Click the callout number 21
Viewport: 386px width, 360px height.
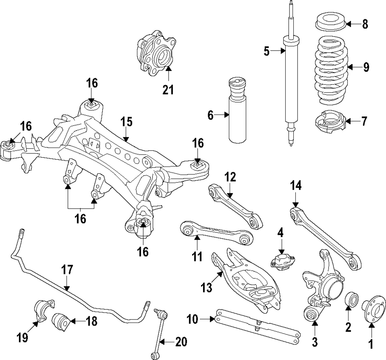pyautogui.click(x=168, y=90)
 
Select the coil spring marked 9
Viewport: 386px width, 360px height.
pyautogui.click(x=332, y=70)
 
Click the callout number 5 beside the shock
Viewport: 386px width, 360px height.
pyautogui.click(x=267, y=52)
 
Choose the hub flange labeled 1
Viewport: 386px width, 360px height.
pyautogui.click(x=373, y=308)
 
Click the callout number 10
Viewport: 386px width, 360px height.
pyautogui.click(x=192, y=319)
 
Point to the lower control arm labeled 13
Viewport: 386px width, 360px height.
pyautogui.click(x=246, y=278)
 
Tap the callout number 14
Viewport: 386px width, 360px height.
pyautogui.click(x=295, y=186)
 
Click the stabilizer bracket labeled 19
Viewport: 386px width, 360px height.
pyautogui.click(x=44, y=310)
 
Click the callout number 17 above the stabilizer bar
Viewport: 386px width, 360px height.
pyautogui.click(x=67, y=270)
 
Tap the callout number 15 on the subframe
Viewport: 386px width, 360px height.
pyautogui.click(x=127, y=122)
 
